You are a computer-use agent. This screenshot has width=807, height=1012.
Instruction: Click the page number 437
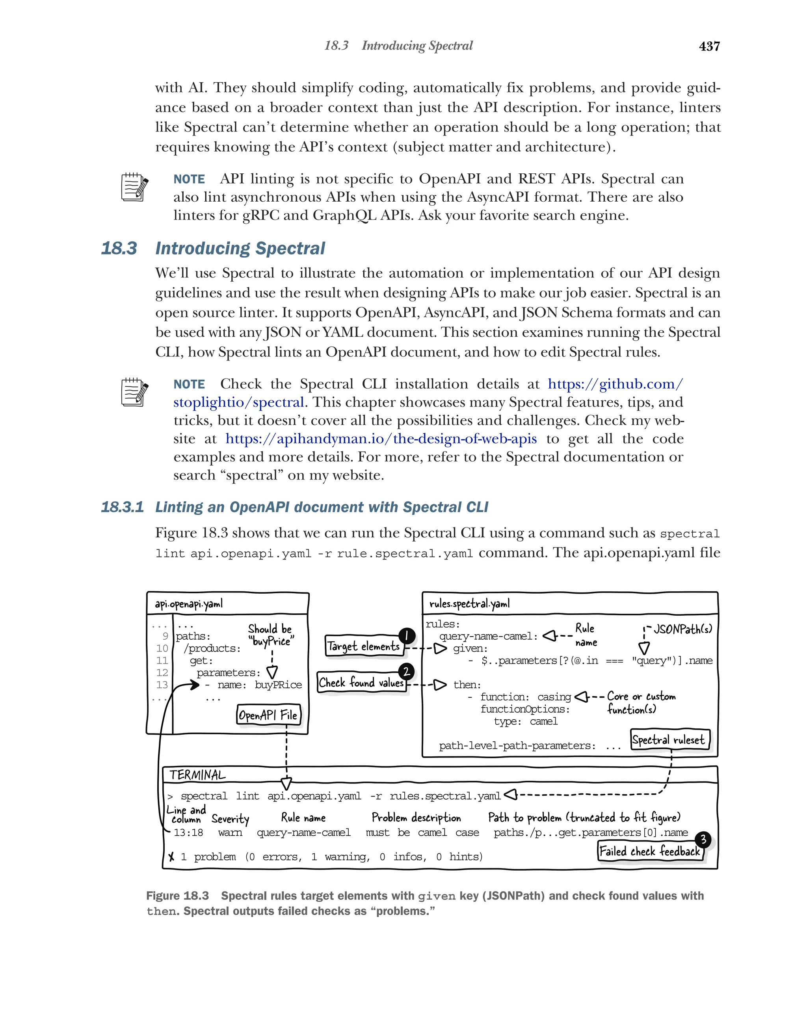(709, 46)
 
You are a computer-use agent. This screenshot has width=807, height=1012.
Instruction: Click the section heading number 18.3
(119, 248)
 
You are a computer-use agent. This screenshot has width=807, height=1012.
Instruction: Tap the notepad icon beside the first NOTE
(134, 187)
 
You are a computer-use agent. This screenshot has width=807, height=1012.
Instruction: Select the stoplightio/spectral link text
(238, 402)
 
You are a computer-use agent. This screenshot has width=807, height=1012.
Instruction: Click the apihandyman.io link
(381, 438)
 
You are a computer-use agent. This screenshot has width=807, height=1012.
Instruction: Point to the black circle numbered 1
(407, 635)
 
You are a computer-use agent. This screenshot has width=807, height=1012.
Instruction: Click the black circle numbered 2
(406, 671)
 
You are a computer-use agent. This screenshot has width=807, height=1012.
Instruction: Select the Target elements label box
(363, 646)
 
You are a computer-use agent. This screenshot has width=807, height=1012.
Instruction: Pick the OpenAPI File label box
(268, 715)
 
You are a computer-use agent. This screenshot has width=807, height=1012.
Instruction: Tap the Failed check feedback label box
(650, 851)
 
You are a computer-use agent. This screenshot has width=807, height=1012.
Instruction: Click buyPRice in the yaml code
(278, 685)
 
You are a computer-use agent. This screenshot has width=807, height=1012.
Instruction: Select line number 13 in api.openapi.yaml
(162, 685)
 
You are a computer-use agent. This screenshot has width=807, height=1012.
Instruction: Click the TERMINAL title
(197, 775)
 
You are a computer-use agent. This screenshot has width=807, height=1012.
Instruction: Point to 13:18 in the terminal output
(188, 833)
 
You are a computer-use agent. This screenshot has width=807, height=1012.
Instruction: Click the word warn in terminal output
(230, 833)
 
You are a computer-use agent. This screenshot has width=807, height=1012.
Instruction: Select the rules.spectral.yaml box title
(469, 603)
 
